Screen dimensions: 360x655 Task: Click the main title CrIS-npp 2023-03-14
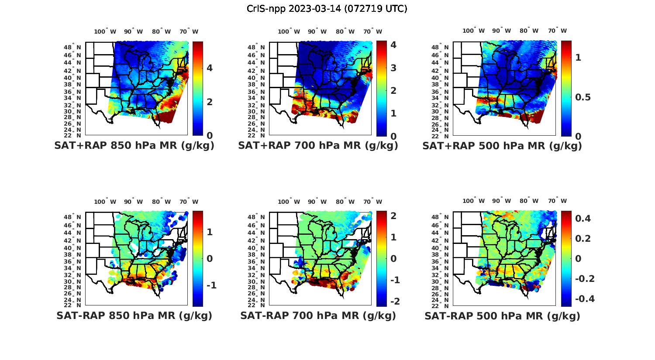(x=327, y=9)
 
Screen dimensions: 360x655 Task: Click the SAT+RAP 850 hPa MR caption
(x=134, y=146)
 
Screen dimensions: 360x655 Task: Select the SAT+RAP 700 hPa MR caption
(x=318, y=146)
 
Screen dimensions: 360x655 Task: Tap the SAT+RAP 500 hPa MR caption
(x=502, y=146)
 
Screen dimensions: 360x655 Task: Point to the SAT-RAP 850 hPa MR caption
(x=134, y=315)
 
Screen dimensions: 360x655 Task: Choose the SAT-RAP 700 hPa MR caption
(x=318, y=315)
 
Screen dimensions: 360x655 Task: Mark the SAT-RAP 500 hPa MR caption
(x=502, y=316)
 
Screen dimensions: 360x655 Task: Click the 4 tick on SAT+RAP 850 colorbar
(x=210, y=68)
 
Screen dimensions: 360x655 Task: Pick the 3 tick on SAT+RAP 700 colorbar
(x=393, y=68)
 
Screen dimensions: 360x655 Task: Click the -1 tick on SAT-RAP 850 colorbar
(x=211, y=285)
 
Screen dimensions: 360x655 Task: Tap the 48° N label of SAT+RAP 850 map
(x=72, y=48)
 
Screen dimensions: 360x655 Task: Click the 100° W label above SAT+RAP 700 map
(x=289, y=31)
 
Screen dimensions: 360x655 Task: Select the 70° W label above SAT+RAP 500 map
(x=557, y=31)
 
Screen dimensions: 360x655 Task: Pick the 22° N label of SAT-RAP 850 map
(x=72, y=305)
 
